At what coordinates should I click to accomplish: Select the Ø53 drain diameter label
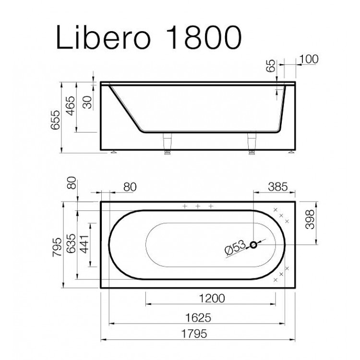click(x=235, y=249)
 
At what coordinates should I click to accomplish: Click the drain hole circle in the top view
click(x=253, y=245)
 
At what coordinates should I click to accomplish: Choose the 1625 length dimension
click(x=198, y=318)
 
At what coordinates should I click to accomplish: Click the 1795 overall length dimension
click(x=198, y=335)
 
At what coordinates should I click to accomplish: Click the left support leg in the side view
click(x=168, y=144)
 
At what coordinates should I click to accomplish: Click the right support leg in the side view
click(x=251, y=144)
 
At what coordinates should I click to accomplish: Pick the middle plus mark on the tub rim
click(x=197, y=206)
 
